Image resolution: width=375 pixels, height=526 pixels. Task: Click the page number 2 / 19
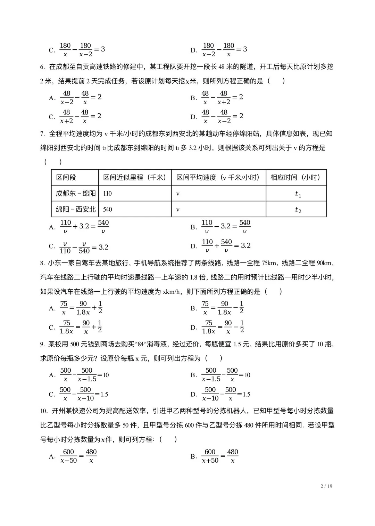tap(326, 486)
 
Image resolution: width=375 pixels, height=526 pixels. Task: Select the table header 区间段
tap(66, 178)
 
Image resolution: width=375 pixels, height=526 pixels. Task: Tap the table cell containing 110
tap(107, 194)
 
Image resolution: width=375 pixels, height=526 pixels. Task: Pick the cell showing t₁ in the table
tap(298, 194)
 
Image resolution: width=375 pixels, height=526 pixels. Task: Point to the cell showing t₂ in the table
tap(298, 210)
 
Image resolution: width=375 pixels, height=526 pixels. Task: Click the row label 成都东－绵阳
tap(75, 193)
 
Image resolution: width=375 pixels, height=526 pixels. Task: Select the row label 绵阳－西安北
tap(75, 209)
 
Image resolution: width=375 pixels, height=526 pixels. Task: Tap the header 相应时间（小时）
tap(295, 178)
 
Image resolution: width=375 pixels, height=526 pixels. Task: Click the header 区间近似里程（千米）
tap(135, 178)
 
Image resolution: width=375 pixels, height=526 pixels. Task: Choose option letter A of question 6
tap(52, 98)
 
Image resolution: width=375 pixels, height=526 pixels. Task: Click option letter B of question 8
tap(193, 308)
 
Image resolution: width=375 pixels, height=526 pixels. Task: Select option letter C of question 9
tap(52, 394)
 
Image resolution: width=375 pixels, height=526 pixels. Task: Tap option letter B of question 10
tap(193, 456)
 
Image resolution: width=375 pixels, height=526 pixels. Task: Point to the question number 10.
tap(43, 411)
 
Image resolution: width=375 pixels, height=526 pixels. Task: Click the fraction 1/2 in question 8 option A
tap(100, 308)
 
